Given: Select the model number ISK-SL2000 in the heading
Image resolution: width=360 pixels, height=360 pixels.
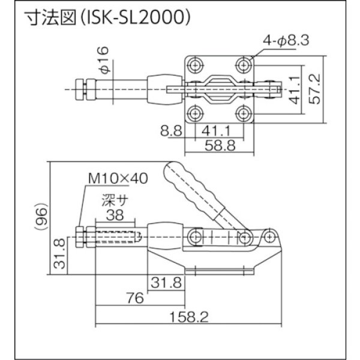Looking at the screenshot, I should pos(139,19).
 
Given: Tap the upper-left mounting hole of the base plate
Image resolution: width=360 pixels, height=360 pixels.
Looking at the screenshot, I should pos(196,64).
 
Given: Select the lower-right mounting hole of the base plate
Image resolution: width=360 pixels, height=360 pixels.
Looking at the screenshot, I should pos(243,113).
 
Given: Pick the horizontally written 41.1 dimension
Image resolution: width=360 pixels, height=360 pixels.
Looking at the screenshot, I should pos(219,128).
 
